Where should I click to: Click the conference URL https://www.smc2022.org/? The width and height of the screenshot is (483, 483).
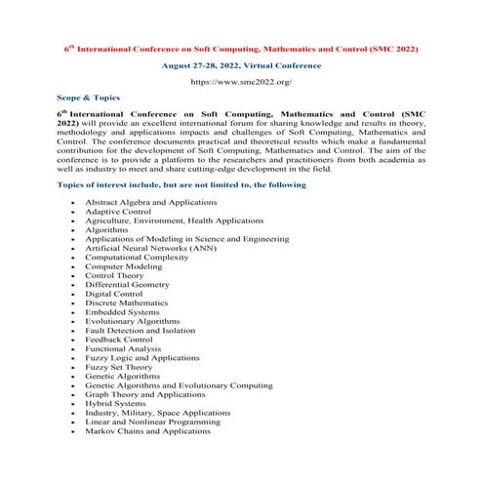241,83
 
